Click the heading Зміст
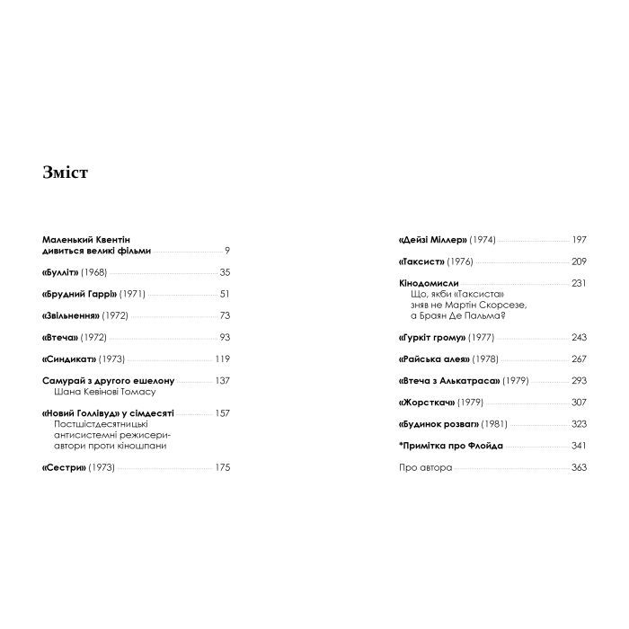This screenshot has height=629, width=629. pos(65,173)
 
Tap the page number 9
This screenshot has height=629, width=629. pos(227,252)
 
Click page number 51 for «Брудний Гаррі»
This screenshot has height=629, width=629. pos(225,294)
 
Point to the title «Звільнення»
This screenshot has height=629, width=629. pos(71,315)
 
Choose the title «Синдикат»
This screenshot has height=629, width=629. pos(69,359)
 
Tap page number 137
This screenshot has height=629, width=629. pos(222,380)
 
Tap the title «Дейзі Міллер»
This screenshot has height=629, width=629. pos(430,240)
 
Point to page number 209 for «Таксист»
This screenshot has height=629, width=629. pos(578,261)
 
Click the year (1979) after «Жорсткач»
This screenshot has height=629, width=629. pos(470,402)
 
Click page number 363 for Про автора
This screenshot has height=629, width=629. pos(578,466)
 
